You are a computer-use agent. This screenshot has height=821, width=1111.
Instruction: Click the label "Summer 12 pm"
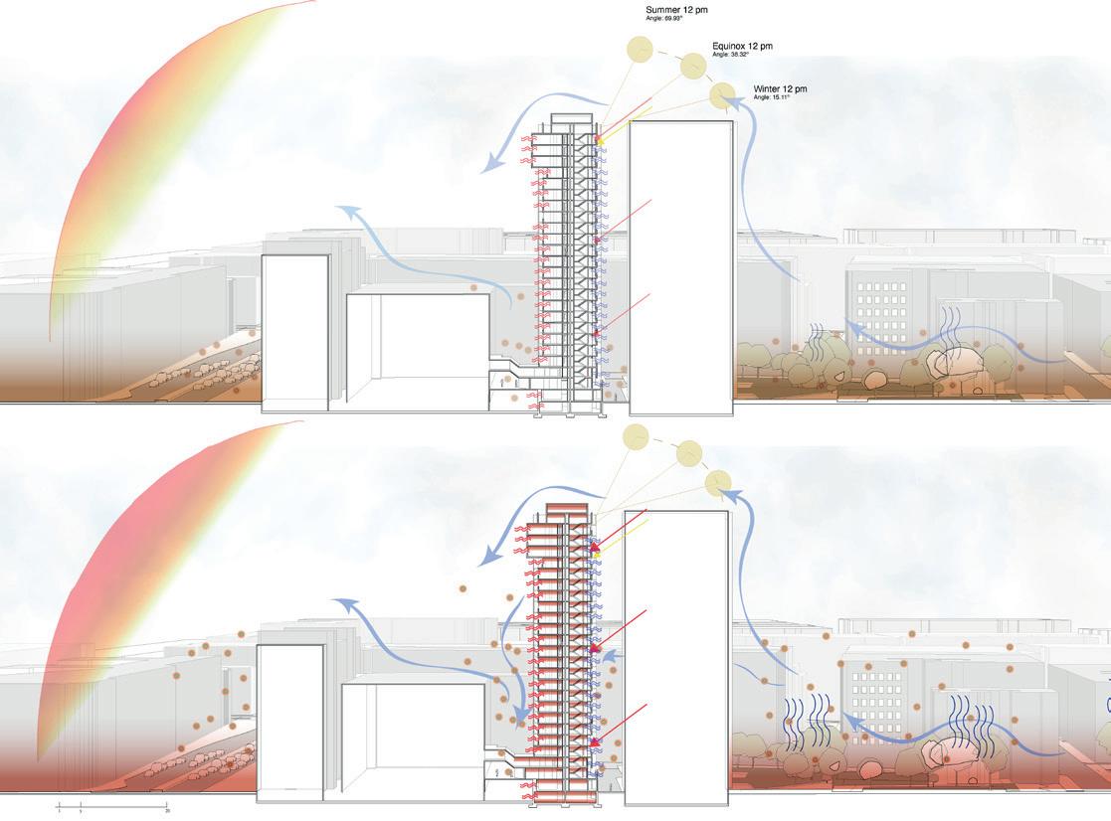676,10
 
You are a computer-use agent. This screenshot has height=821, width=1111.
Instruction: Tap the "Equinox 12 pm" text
742,46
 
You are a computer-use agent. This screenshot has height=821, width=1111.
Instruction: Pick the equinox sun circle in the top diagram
693,67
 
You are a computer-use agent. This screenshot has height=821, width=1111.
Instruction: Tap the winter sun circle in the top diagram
722,95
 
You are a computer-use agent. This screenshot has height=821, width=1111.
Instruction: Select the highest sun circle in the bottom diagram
635,435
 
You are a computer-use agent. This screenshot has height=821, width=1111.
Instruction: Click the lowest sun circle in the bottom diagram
718,483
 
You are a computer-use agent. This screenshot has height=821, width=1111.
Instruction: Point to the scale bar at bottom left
111,803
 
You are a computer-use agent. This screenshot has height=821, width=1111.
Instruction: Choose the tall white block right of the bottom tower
675,656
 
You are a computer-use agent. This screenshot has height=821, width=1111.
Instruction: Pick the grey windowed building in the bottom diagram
875,686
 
